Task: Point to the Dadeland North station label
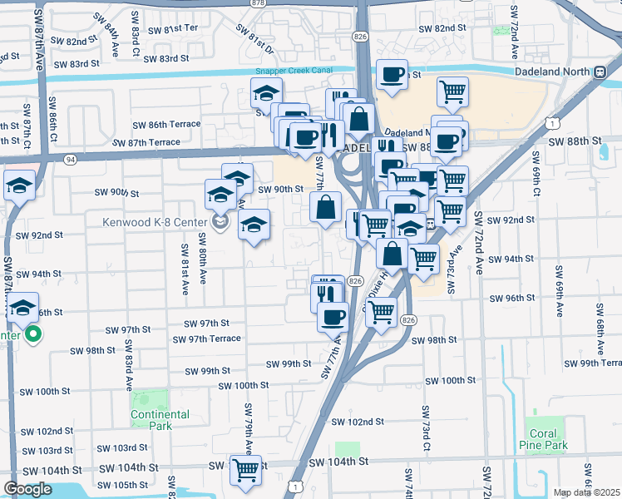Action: point(545,72)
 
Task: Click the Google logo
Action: point(27,489)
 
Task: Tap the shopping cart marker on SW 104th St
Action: point(245,470)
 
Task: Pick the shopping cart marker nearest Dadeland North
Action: point(452,91)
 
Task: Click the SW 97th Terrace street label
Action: point(206,338)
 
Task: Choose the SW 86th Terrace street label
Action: point(167,125)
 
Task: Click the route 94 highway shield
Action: point(69,159)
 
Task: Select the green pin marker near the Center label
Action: point(33,336)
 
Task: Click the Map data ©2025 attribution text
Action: point(586,492)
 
